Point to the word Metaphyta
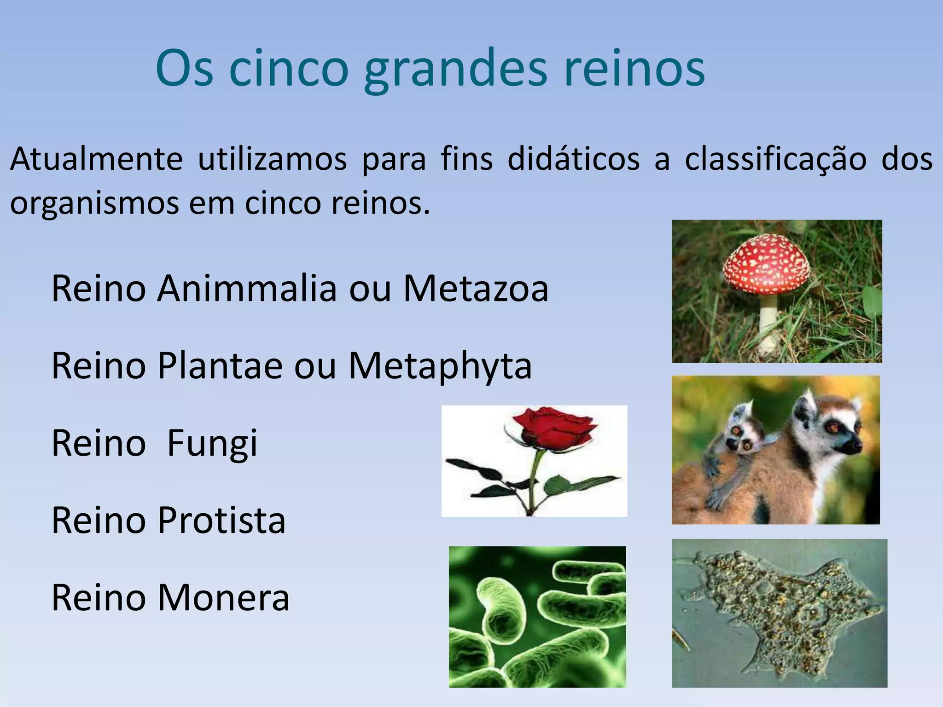coord(440,366)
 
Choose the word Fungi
coord(212,443)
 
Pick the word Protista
coord(221,520)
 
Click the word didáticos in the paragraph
coord(573,159)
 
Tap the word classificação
coord(775,159)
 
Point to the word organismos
coord(94,203)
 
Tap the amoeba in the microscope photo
coord(778,612)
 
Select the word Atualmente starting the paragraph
coord(96,159)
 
